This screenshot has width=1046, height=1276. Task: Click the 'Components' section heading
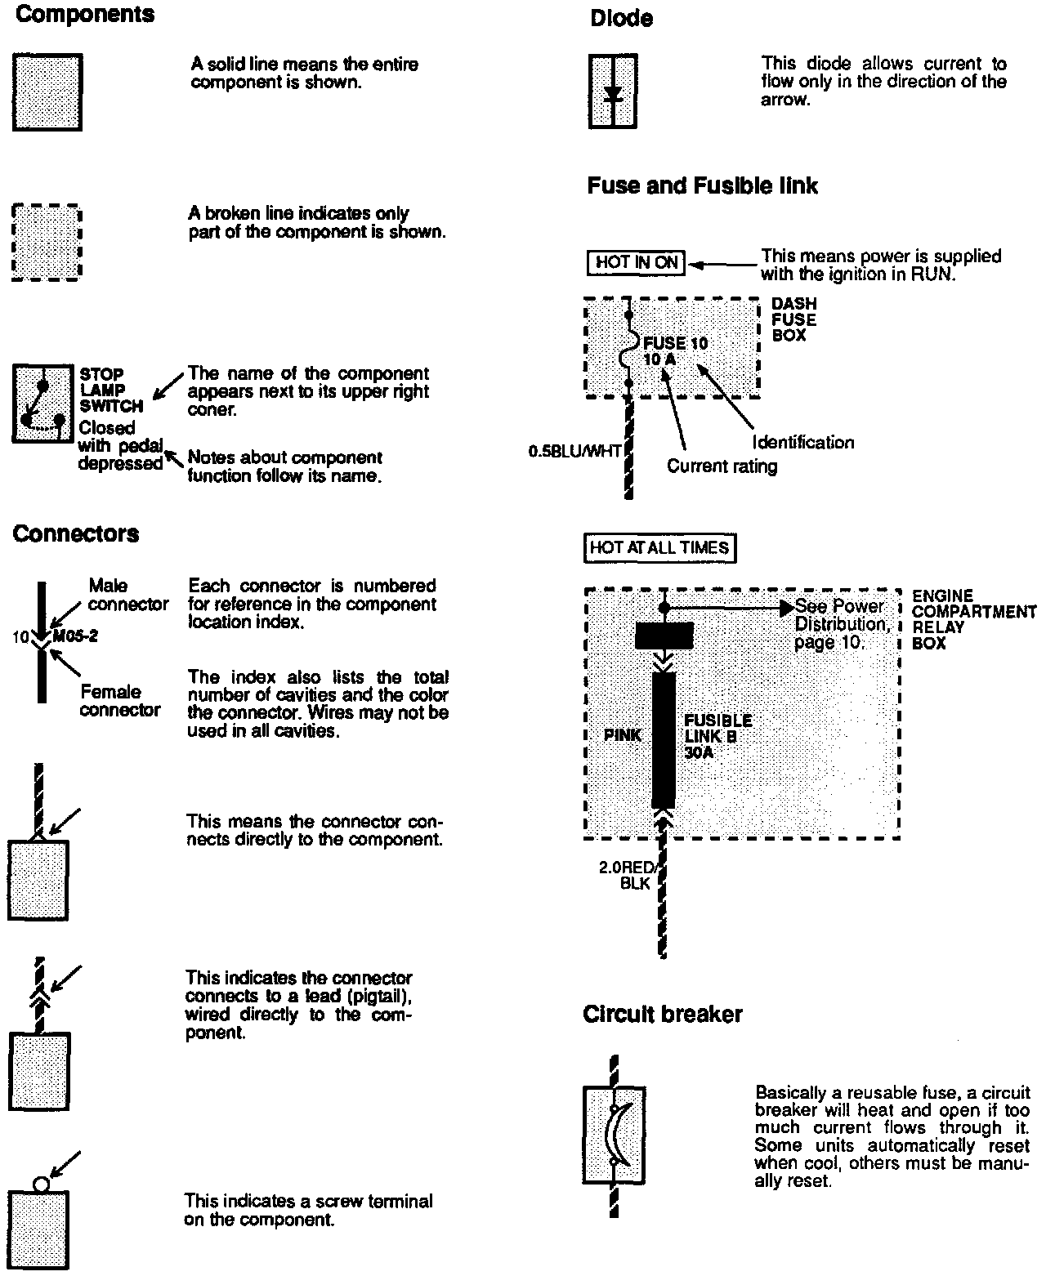85,16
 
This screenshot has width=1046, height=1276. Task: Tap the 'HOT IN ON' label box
636,263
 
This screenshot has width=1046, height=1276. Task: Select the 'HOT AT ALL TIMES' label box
659,548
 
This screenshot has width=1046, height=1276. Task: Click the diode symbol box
613,91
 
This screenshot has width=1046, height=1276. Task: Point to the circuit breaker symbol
615,1135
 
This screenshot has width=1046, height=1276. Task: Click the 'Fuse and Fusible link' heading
702,186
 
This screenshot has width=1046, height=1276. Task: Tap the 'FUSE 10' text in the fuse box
676,343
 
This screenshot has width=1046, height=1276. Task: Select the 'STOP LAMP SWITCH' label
111,390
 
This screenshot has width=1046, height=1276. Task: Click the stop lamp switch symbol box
42,404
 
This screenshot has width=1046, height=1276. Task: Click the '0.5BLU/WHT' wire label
575,450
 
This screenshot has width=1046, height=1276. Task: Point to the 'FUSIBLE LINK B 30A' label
717,736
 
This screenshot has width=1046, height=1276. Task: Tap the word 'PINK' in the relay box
623,735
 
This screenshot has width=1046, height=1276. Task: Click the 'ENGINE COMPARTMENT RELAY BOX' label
973,619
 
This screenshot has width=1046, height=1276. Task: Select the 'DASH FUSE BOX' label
793,319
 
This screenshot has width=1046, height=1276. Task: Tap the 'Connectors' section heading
76,534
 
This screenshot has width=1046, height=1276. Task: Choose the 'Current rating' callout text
722,466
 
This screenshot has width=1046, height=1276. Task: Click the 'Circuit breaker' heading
662,1015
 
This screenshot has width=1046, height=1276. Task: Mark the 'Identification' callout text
802,443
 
